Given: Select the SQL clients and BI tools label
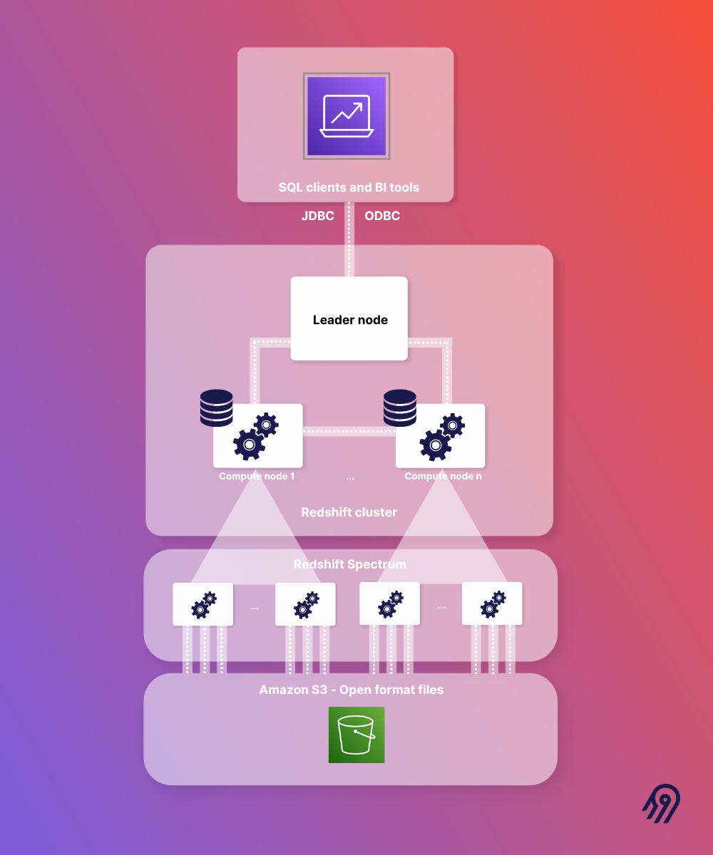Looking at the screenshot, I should [x=349, y=188].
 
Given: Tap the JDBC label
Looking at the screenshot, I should [x=318, y=216].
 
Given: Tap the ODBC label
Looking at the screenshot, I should [x=382, y=216].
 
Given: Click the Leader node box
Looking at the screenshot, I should [x=349, y=318].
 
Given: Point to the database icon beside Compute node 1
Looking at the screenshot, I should [x=217, y=408].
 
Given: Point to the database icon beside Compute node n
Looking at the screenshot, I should [x=399, y=408].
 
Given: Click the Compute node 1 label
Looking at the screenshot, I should [x=257, y=476].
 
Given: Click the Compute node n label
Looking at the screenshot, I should [x=443, y=476].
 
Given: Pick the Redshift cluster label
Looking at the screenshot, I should [x=349, y=512].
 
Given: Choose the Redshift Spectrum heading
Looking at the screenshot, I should [x=349, y=564].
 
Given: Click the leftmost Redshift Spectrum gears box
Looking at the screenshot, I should [x=203, y=604].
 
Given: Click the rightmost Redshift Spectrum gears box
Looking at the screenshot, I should [x=492, y=603].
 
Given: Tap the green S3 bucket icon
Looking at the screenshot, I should [x=356, y=735].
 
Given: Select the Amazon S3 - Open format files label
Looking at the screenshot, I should [x=351, y=690].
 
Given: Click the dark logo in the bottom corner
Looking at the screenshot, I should [x=661, y=804].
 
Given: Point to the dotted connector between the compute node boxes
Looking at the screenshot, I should [x=349, y=431].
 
